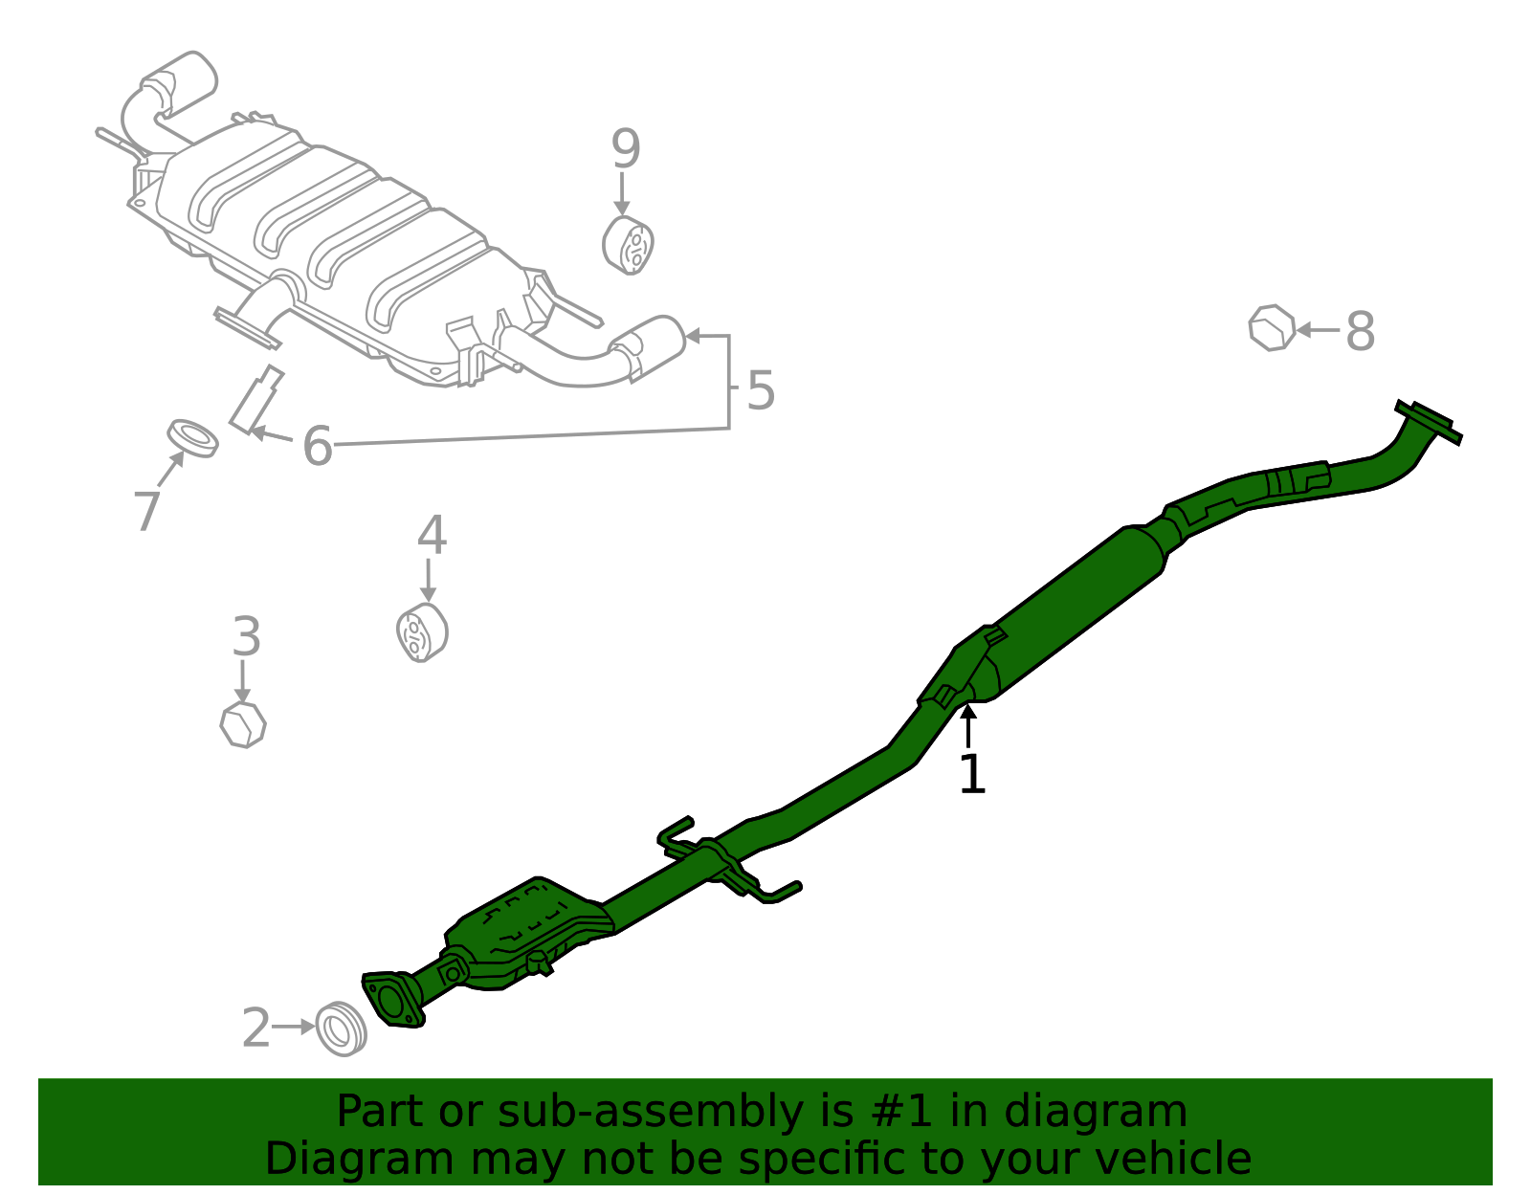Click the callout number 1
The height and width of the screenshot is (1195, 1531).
972,774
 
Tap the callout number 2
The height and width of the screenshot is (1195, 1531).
255,1028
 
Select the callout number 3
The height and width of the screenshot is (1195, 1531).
247,636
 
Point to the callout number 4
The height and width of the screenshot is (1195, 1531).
432,535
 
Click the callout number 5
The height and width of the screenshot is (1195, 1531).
761,389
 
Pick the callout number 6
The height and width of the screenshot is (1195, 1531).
317,445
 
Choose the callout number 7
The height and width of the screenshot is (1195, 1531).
147,511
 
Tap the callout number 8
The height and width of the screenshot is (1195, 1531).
1360,331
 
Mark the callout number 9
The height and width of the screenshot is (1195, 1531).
626,148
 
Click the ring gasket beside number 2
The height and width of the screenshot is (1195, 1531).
341,1029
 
